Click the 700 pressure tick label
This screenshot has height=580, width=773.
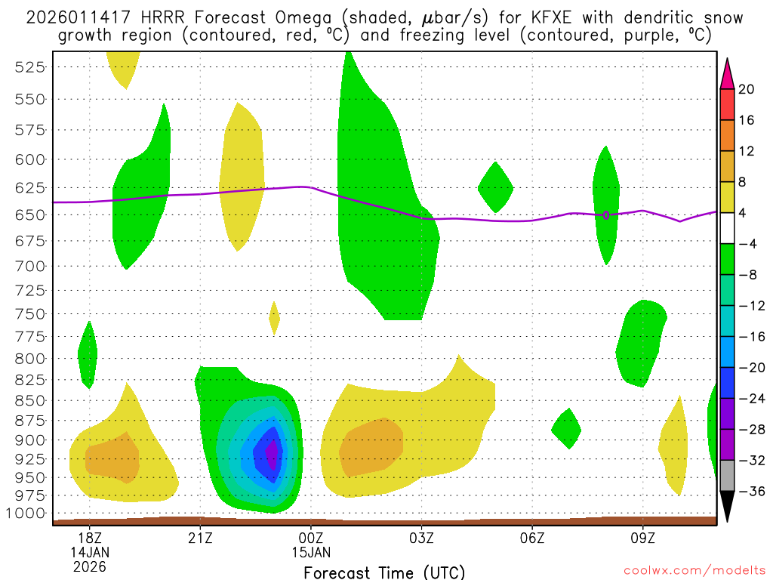click(29, 266)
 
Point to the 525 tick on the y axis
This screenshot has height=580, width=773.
click(29, 67)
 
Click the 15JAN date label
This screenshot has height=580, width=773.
click(311, 551)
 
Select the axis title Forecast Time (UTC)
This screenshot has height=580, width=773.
click(384, 572)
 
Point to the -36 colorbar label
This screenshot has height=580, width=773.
click(750, 492)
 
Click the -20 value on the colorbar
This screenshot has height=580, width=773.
click(750, 368)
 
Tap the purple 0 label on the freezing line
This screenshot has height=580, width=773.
click(606, 215)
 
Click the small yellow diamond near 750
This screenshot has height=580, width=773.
click(274, 318)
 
